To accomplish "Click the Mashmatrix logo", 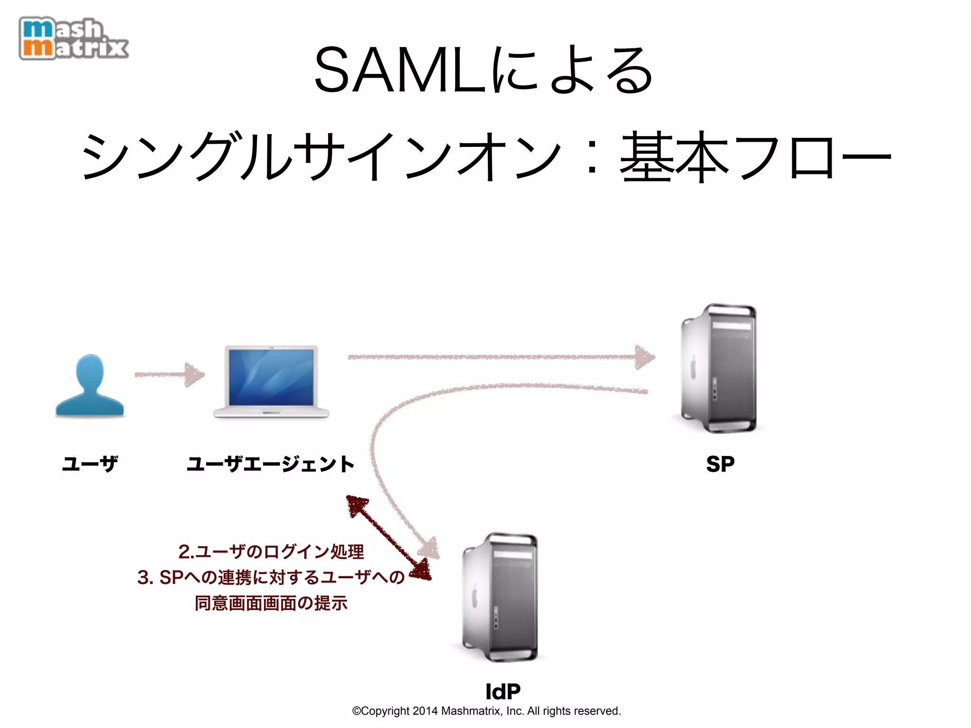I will click(73, 39).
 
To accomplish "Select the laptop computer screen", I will click(271, 377).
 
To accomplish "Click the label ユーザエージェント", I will click(270, 464).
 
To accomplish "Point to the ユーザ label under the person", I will click(90, 464).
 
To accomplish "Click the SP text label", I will click(720, 464).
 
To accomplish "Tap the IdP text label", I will click(503, 692).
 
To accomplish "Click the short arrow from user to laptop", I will click(170, 375).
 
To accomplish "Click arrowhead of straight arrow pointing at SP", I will click(645, 357).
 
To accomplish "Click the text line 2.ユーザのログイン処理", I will click(271, 552).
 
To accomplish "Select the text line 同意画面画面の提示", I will click(271, 603).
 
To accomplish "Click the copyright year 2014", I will click(425, 711).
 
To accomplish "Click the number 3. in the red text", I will click(145, 577).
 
